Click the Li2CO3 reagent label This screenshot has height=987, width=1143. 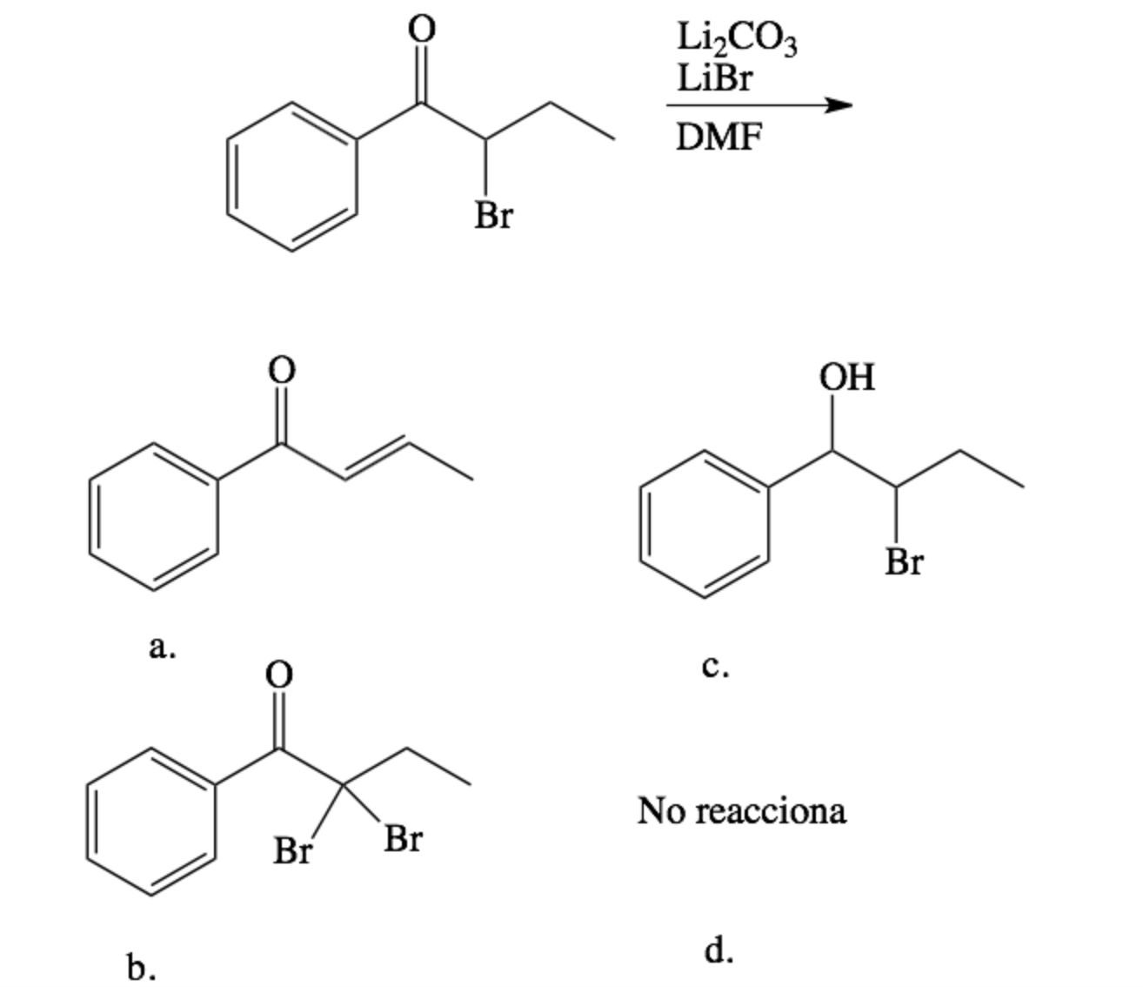pos(736,40)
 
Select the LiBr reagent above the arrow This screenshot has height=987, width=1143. pos(715,79)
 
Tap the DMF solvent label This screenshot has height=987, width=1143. pos(719,137)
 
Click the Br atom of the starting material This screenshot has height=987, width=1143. pos(493,215)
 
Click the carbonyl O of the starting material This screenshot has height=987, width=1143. pos(421,30)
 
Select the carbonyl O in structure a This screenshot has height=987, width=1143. pos(280,370)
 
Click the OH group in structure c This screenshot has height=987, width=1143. pos(847,377)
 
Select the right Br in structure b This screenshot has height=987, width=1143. pos(403,840)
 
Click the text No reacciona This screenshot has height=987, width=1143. pos(741,810)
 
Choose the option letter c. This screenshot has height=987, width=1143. pos(715,667)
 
